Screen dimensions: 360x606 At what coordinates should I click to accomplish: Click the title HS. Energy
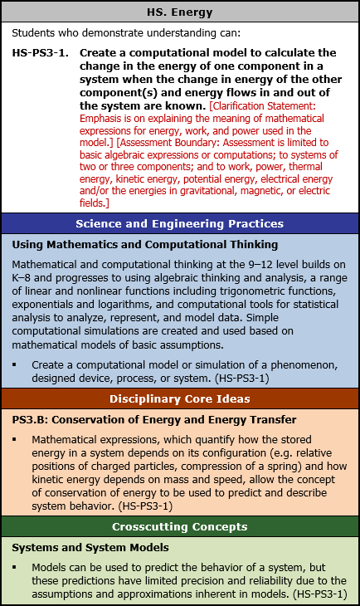pyautogui.click(x=180, y=12)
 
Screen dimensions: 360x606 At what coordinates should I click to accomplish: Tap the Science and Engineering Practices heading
pyautogui.click(x=180, y=224)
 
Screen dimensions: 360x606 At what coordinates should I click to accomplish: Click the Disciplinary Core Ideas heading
pyautogui.click(x=180, y=398)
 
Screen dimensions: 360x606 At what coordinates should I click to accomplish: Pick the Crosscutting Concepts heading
pyautogui.click(x=180, y=526)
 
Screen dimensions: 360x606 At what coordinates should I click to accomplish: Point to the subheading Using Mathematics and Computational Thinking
pyautogui.click(x=145, y=245)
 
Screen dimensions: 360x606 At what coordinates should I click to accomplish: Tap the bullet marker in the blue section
pyautogui.click(x=15, y=365)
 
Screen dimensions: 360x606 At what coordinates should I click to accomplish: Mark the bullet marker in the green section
pyautogui.click(x=15, y=569)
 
